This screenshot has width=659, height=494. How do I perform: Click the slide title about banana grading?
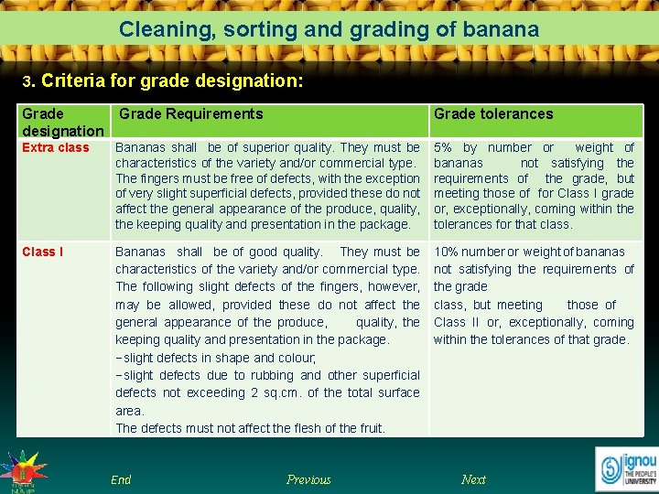pyautogui.click(x=329, y=29)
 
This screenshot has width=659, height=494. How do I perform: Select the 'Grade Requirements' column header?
pyautogui.click(x=191, y=114)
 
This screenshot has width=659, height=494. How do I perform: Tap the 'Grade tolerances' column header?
pyautogui.click(x=493, y=114)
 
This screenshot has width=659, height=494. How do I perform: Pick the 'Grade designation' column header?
pyautogui.click(x=62, y=123)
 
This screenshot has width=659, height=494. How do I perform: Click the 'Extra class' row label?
pyautogui.click(x=56, y=147)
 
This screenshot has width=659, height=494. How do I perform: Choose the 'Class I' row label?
pyautogui.click(x=43, y=252)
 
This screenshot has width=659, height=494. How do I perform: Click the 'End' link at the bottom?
pyautogui.click(x=121, y=479)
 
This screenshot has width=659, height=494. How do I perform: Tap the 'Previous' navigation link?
pyautogui.click(x=308, y=479)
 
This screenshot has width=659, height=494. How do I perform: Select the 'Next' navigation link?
pyautogui.click(x=473, y=479)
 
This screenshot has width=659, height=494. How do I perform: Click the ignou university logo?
pyautogui.click(x=628, y=468)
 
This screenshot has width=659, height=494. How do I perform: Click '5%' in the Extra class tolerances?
pyautogui.click(x=444, y=147)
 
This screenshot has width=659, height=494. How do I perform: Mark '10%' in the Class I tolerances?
pyautogui.click(x=447, y=252)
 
